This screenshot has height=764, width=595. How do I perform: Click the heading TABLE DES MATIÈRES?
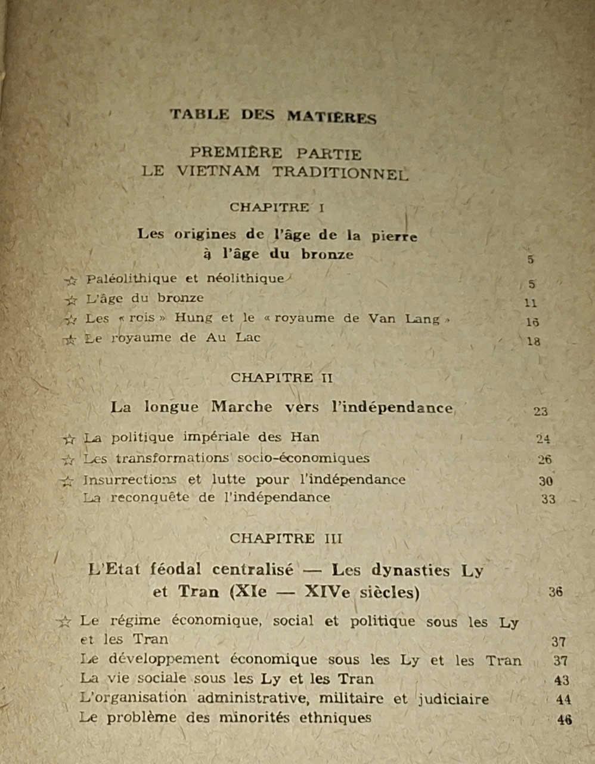pyautogui.click(x=273, y=115)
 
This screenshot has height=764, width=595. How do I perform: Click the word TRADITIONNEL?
pyautogui.click(x=340, y=172)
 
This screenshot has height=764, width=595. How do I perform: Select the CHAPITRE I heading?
pyautogui.click(x=276, y=208)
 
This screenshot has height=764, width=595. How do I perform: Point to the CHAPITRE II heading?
pyautogui.click(x=281, y=378)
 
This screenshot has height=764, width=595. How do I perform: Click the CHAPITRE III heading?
pyautogui.click(x=286, y=538)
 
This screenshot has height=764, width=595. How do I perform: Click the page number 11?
pyautogui.click(x=530, y=303)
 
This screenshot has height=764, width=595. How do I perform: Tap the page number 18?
pyautogui.click(x=533, y=341)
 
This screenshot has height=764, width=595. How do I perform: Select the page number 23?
pyautogui.click(x=540, y=411)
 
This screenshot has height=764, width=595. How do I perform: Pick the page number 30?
pyautogui.click(x=546, y=481)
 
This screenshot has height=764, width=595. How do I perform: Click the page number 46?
pyautogui.click(x=564, y=719)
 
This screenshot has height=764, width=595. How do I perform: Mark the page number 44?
pyautogui.click(x=563, y=700)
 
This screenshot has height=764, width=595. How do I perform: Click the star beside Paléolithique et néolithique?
pyautogui.click(x=70, y=280)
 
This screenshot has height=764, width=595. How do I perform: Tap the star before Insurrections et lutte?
pyautogui.click(x=68, y=481)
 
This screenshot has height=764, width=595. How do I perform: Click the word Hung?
pyautogui.click(x=193, y=318)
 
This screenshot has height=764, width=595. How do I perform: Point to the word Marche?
pyautogui.click(x=241, y=408)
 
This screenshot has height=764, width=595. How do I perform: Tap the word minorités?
pyautogui.click(x=255, y=717)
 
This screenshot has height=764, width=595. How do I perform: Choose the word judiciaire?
pyautogui.click(x=453, y=699)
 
